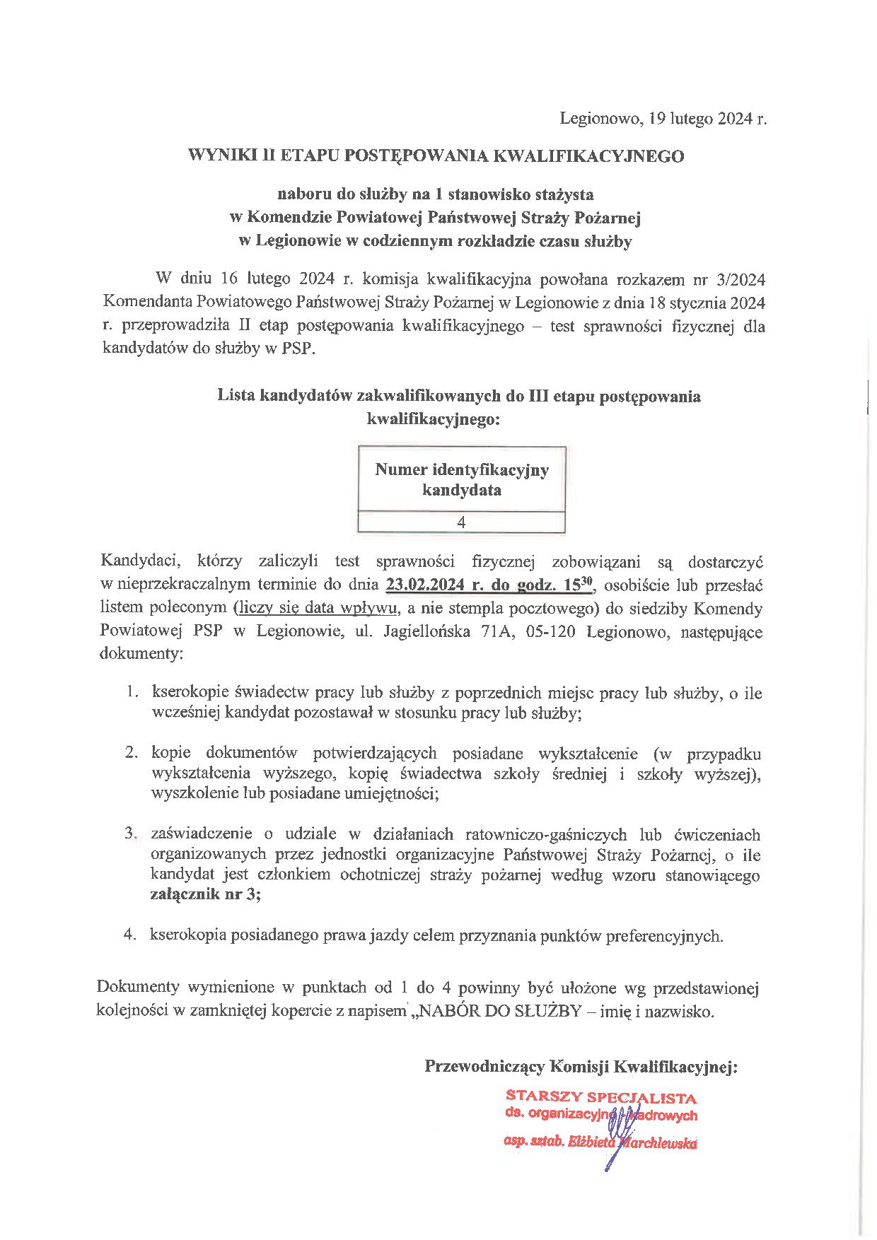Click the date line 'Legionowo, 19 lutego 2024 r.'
[663, 119]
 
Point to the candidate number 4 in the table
[461, 522]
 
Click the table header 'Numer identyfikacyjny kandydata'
[461, 479]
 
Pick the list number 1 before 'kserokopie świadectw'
[131, 693]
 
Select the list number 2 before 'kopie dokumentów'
[131, 754]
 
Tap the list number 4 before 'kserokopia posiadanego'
[130, 936]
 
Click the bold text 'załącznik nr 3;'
[205, 896]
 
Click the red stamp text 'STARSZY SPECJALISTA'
[601, 1097]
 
